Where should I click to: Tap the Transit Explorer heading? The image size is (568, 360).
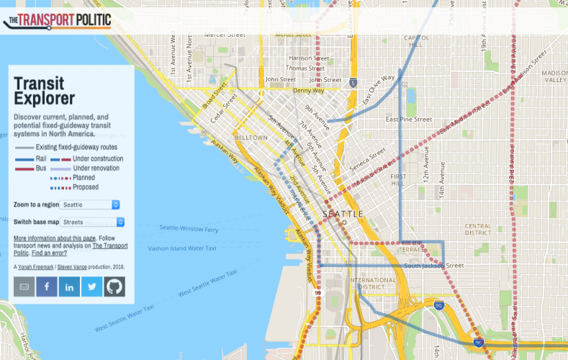(x=44, y=91)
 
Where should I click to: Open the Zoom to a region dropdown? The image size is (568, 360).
(x=90, y=205)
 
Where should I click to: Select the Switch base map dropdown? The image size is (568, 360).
(x=93, y=222)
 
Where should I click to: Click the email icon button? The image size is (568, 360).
(x=24, y=287)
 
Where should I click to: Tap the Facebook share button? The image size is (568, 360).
(x=47, y=287)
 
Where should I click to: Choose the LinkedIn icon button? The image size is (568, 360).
(x=69, y=287)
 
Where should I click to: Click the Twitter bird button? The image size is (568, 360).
(x=91, y=287)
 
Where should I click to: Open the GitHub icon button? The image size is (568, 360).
(x=114, y=287)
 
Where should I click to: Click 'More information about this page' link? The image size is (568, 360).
(x=55, y=238)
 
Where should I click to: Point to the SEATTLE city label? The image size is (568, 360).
(x=343, y=215)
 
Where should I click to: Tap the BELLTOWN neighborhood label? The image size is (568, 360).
(x=251, y=137)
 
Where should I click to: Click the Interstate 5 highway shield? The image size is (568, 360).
(x=353, y=82)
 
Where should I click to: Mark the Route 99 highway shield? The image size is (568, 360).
(x=317, y=293)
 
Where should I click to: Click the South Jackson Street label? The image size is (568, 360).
(x=433, y=266)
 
